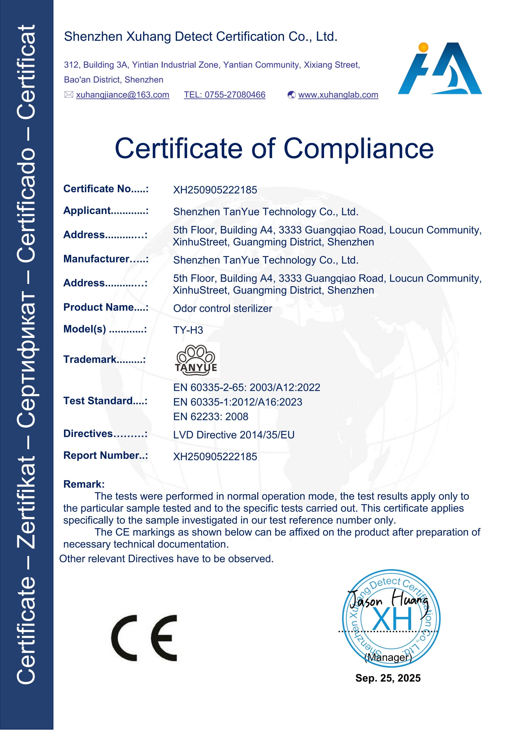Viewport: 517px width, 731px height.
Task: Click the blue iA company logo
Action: point(440,68)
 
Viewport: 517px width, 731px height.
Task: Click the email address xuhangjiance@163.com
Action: point(123,95)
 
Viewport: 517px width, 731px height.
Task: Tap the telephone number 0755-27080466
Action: point(225,95)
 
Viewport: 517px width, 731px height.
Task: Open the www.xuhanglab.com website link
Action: point(338,95)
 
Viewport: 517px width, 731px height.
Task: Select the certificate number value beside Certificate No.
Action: point(215,190)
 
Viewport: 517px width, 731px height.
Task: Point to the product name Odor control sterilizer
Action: point(223,309)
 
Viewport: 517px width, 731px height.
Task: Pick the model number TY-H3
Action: point(188,330)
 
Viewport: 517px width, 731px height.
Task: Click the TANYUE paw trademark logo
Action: point(196,360)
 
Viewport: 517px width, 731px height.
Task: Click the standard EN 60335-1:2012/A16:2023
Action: point(238,402)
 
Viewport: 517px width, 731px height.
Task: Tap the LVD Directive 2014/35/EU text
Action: point(234,435)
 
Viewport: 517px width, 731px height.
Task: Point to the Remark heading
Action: point(84,484)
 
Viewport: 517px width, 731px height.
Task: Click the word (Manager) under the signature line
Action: point(388,657)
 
